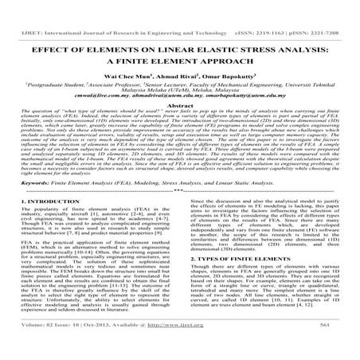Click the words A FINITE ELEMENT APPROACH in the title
[180, 59]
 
